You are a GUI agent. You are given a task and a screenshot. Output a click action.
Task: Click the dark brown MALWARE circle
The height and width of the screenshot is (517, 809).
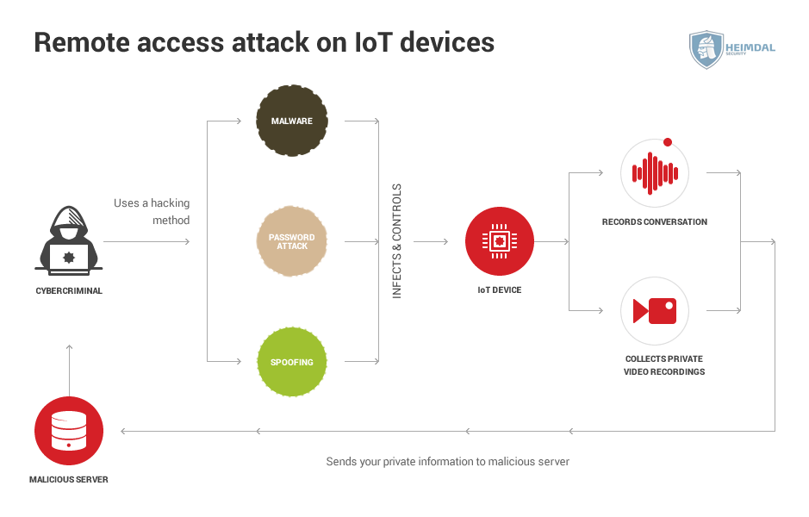[x=291, y=121]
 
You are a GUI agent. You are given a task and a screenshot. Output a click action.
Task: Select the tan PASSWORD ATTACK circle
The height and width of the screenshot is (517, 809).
[x=291, y=241]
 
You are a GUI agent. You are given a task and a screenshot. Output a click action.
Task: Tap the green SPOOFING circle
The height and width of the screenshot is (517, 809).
[x=291, y=362]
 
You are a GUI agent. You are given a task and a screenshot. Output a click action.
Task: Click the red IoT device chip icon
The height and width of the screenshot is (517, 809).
[x=500, y=241]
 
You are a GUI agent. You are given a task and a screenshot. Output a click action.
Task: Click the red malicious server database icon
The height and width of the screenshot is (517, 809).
[x=69, y=431]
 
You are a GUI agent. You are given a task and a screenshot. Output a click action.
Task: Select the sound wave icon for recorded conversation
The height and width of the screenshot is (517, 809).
[x=655, y=172]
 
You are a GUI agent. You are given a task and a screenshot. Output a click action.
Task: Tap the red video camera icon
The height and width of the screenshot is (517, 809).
[x=655, y=310]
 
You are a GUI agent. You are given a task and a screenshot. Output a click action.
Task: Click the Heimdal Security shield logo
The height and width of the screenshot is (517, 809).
[x=706, y=49]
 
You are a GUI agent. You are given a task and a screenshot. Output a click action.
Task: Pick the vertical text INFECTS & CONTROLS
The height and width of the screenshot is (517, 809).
[x=397, y=241]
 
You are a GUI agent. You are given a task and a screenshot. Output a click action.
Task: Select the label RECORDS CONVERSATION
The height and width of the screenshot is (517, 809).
[x=655, y=221]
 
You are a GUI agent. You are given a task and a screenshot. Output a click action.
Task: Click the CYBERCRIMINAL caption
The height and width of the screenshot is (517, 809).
[x=69, y=291]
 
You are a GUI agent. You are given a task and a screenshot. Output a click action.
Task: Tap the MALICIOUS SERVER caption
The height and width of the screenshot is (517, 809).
[x=69, y=479]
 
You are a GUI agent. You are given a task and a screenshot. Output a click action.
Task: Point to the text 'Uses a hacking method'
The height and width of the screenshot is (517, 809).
[x=152, y=212]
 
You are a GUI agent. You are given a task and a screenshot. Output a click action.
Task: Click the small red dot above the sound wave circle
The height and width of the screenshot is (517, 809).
[x=667, y=142]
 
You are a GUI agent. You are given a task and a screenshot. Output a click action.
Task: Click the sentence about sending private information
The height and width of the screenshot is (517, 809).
[x=447, y=462]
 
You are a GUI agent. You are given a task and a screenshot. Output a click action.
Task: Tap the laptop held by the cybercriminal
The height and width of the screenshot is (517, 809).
[x=69, y=257]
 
